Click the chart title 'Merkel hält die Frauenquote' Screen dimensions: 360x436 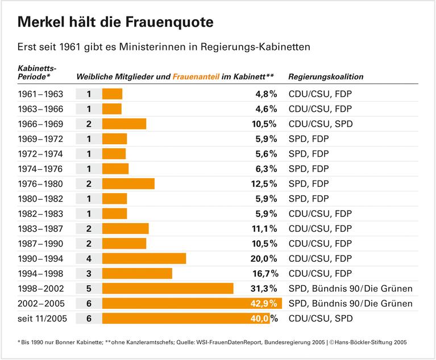click(x=116, y=22)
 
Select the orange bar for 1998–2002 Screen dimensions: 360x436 click(x=168, y=288)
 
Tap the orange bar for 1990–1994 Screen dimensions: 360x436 click(x=144, y=258)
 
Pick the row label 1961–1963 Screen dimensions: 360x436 click(x=40, y=94)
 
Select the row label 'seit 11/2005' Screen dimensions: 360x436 click(x=42, y=319)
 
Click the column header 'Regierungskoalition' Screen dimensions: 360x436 click(x=326, y=77)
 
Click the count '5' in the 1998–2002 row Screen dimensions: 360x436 click(x=89, y=288)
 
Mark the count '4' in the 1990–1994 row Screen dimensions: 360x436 click(x=89, y=258)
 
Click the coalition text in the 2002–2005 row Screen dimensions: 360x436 click(x=350, y=303)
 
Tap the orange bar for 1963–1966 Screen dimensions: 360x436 click(x=112, y=109)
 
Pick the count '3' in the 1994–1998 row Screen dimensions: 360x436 click(x=89, y=273)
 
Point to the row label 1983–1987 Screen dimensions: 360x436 click(x=40, y=228)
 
